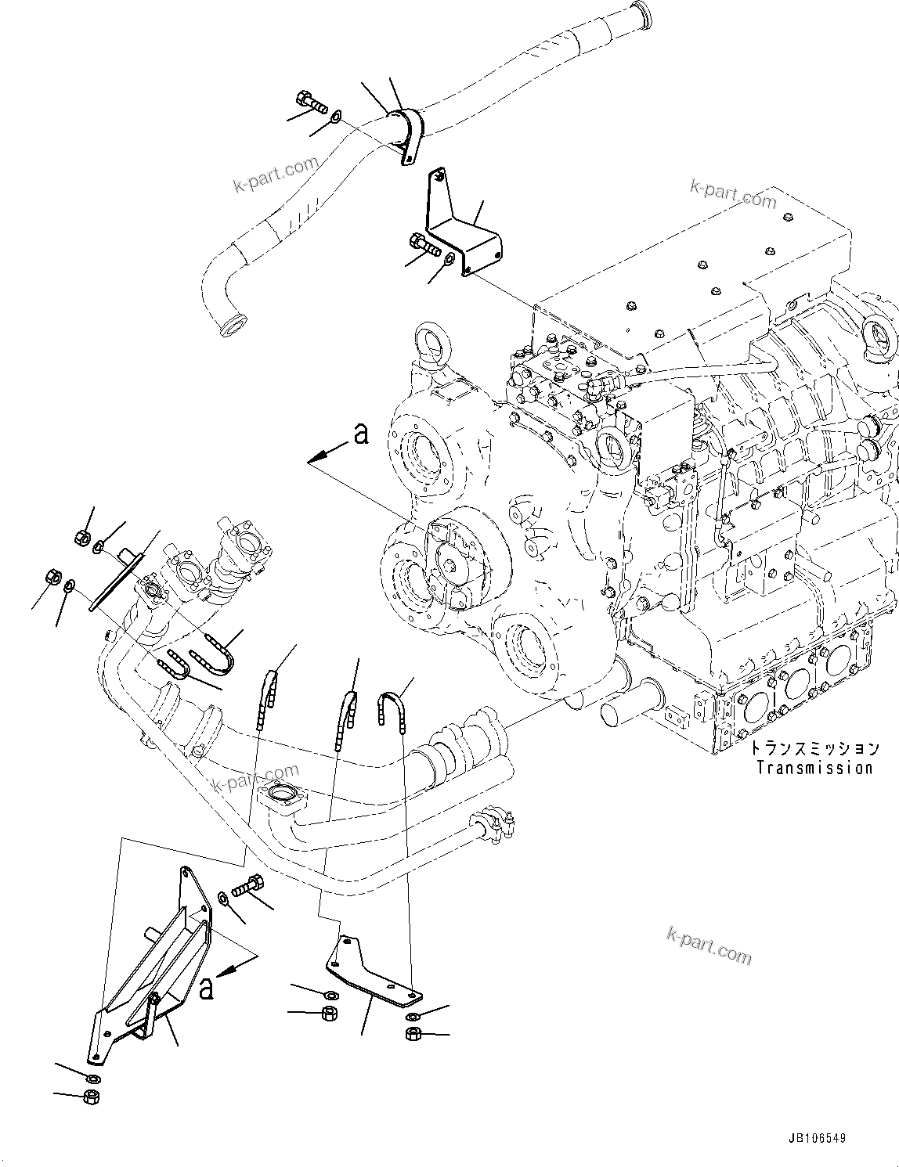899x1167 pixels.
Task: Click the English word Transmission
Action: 814,768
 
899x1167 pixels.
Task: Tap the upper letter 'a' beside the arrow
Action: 360,433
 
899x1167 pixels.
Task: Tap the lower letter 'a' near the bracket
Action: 206,989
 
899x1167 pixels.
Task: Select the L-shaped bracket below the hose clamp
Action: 462,227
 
